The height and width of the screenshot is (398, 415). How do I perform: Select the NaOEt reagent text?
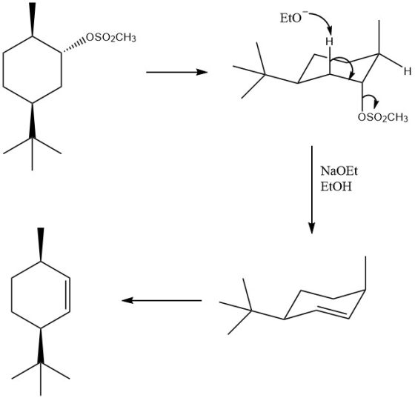(x=339, y=171)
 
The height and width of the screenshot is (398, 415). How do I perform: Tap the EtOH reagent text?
(x=336, y=187)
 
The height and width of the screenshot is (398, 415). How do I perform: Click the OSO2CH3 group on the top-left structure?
(x=111, y=38)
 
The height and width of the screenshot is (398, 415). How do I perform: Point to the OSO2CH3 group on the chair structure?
(x=382, y=117)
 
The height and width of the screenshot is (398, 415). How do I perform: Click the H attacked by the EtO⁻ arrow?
(x=330, y=42)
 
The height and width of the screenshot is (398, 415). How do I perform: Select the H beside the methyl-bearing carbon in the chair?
(x=408, y=71)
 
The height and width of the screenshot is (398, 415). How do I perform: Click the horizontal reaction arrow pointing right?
(x=177, y=72)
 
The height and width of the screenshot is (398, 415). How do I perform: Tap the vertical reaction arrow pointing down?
(x=312, y=190)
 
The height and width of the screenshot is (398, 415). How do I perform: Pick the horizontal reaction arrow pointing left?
(x=162, y=301)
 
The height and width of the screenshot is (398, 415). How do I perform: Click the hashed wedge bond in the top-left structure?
(x=73, y=46)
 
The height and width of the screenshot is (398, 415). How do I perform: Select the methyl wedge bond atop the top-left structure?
(x=33, y=19)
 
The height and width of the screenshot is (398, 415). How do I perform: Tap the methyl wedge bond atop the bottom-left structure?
(x=41, y=245)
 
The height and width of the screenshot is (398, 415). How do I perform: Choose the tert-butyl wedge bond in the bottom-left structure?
(x=41, y=346)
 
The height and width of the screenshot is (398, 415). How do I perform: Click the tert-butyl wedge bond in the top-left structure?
(x=33, y=120)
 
